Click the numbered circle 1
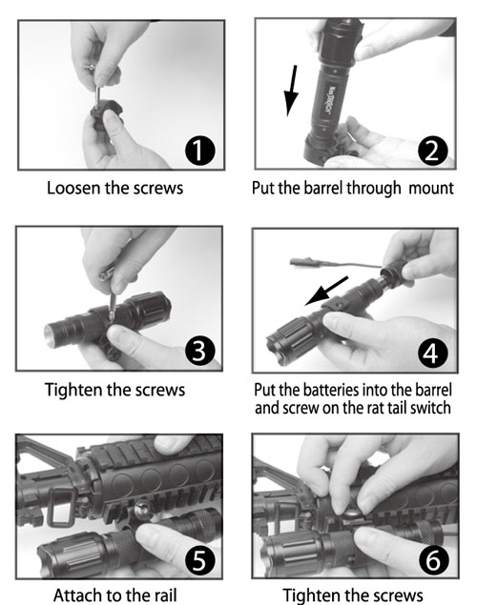199,151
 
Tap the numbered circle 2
433,151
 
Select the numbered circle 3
199,352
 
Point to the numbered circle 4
433,353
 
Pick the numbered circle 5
199,559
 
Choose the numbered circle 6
433,559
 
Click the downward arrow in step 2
291,91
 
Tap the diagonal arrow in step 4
326,291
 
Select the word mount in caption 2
431,189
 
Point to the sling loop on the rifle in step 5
59,507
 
